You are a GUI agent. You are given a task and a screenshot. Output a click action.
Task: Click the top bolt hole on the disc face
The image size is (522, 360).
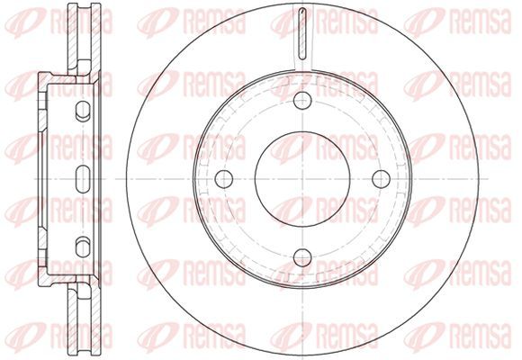[302, 100]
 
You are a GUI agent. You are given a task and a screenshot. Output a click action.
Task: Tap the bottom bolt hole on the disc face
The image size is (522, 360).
[302, 257]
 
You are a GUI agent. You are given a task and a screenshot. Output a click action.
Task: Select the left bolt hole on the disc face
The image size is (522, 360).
[224, 179]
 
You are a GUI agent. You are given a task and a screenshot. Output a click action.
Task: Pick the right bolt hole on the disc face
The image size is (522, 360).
[382, 179]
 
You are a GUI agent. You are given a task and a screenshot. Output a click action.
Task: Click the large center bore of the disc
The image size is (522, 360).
[302, 179]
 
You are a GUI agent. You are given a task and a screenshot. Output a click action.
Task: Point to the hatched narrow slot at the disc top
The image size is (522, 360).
[302, 33]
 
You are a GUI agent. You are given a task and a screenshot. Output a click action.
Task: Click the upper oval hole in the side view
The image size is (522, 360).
[83, 111]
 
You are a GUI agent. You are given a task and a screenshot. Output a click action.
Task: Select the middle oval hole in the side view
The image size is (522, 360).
[83, 179]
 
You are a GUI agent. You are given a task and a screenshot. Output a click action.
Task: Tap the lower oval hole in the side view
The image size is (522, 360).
[83, 247]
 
